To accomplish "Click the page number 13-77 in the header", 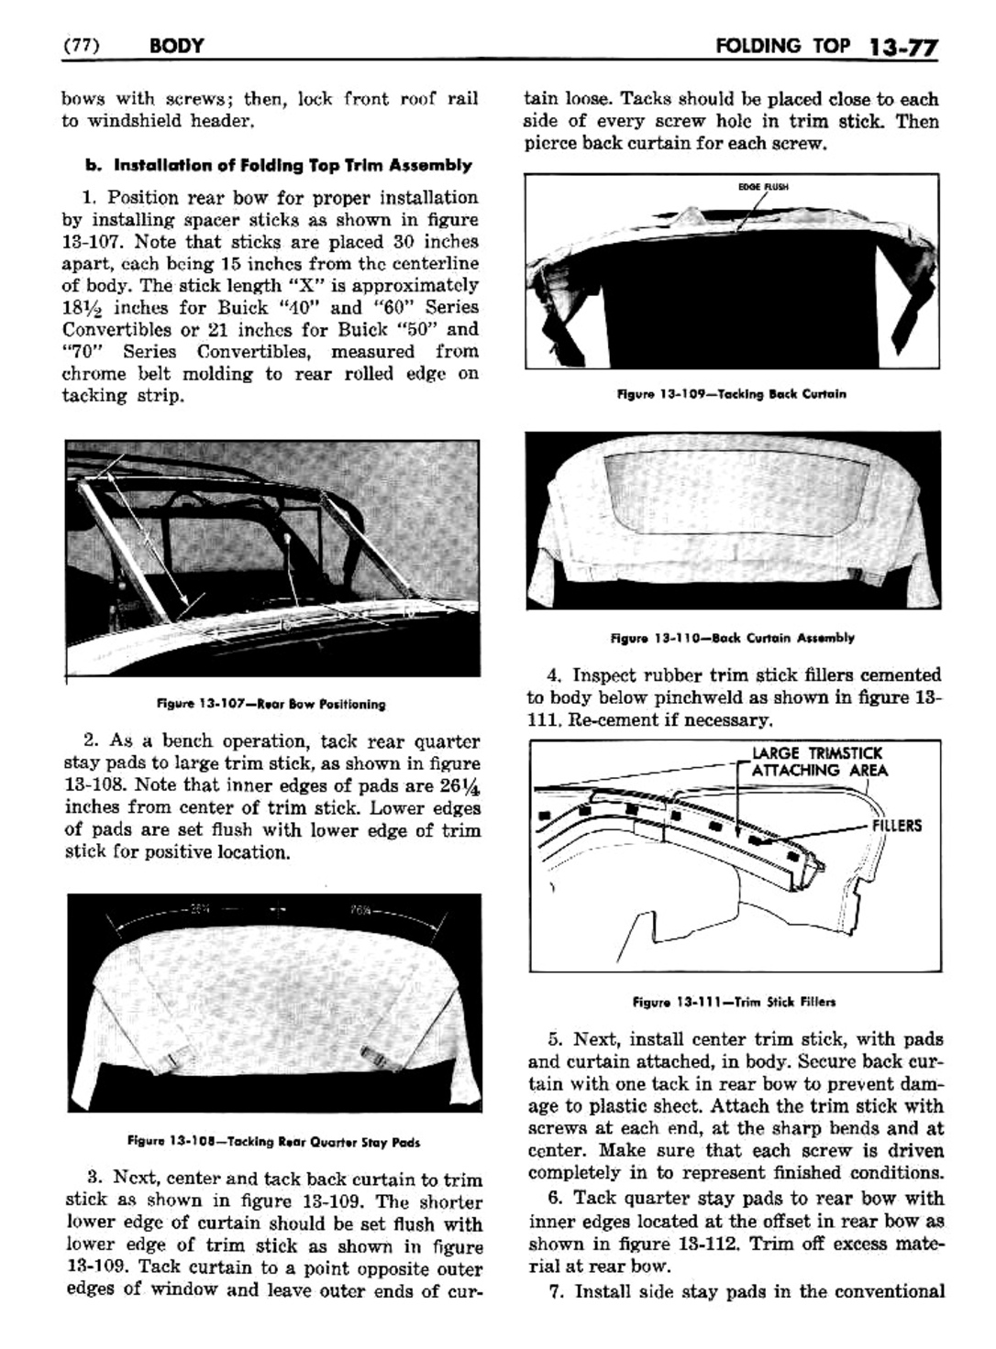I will click(902, 46).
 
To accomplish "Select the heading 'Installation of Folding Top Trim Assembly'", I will click(277, 166).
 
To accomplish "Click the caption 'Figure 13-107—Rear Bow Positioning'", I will click(272, 705).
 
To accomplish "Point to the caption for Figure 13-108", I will click(274, 1142).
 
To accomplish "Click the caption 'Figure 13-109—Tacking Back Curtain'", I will click(731, 394).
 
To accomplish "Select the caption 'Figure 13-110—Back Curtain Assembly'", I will click(732, 638).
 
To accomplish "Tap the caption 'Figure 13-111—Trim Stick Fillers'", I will click(734, 1002).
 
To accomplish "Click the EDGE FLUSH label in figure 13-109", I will click(763, 186).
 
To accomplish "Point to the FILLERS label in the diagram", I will click(897, 826).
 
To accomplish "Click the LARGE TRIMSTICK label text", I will click(816, 753).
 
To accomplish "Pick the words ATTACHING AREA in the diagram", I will click(819, 771).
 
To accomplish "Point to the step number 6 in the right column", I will click(554, 1199).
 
